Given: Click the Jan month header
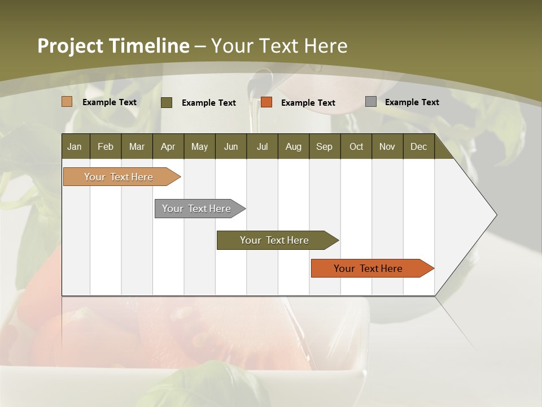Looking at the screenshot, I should pos(75,146).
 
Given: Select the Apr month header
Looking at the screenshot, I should pos(168,146).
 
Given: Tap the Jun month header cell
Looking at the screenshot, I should pos(231,146).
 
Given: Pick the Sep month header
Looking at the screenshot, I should pos(324,146).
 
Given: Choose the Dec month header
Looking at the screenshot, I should pos(418,146).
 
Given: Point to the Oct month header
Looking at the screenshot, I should pos(356,146).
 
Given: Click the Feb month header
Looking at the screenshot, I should pos(106,146).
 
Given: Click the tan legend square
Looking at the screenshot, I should pos(67,102).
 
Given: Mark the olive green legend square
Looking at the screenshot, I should pos(167,102).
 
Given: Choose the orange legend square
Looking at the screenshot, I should pos(266,102).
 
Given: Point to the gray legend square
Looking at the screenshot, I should pos(371,102).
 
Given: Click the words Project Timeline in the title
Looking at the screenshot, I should pos(113,46).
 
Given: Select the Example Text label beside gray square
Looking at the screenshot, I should pos(412,102).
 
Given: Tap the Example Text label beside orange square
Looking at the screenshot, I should pos(308,103).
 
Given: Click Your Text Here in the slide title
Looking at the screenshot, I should pos(279,46).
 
